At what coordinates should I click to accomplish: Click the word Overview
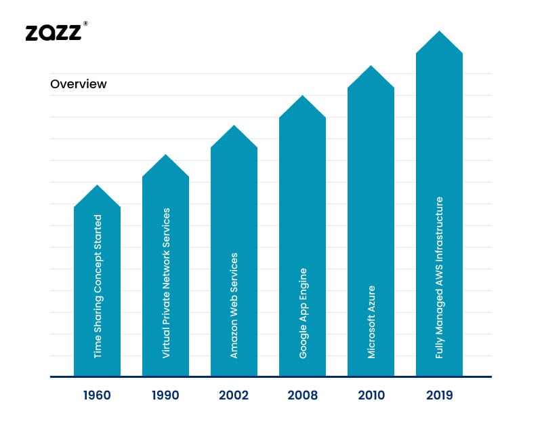[x=79, y=84]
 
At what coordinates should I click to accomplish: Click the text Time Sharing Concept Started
[x=98, y=286]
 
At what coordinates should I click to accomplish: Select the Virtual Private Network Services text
[x=166, y=284]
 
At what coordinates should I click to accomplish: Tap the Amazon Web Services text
[x=234, y=305]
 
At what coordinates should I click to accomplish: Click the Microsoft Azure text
[x=371, y=322]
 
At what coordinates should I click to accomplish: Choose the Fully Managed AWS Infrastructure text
[x=440, y=277]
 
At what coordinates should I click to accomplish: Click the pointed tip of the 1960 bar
[x=97, y=186]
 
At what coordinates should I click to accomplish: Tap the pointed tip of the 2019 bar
[x=439, y=32]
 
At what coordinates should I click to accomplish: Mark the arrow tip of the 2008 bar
[x=302, y=96]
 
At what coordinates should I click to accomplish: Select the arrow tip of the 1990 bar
[x=165, y=155]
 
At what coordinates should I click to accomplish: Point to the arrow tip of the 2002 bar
[x=234, y=126]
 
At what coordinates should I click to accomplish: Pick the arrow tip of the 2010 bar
[x=371, y=66]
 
